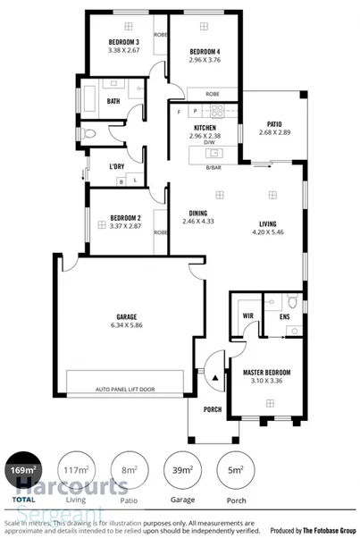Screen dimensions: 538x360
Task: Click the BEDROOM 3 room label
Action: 123,43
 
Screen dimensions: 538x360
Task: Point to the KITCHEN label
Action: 205,128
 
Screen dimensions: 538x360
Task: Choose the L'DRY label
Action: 116,166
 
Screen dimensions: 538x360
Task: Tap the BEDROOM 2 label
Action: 126,217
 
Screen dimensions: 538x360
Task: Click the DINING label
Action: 199,213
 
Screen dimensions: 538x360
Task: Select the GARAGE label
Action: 125,316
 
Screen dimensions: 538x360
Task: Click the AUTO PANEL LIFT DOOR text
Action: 125,390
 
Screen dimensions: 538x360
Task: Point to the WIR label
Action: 247,316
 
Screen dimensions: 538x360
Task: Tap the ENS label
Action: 284,316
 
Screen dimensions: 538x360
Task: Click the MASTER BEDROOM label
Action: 266,371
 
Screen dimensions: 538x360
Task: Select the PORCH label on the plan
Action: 212,410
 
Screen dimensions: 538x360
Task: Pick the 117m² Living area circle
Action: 76,469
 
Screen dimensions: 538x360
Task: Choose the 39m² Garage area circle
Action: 181,469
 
